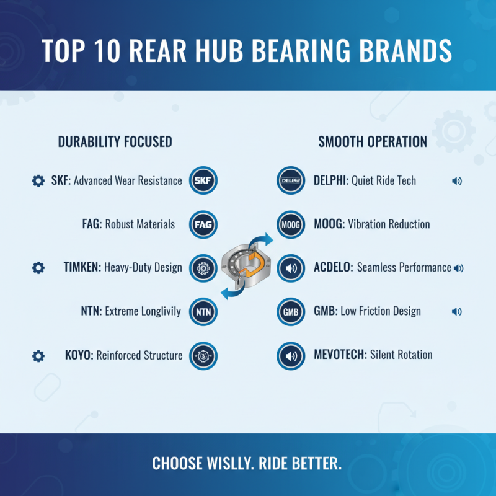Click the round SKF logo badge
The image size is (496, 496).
[x=203, y=181]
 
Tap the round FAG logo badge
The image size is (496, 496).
[x=203, y=224]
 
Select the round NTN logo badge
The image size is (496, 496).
[x=203, y=311]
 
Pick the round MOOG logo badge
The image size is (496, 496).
[x=290, y=224]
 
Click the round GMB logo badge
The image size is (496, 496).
[x=290, y=311]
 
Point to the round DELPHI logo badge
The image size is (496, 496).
[x=290, y=181]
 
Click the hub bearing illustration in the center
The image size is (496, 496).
[x=247, y=267]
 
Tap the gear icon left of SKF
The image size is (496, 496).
[x=38, y=181]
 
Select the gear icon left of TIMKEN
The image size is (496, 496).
[x=38, y=268]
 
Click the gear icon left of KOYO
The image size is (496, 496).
[x=38, y=356]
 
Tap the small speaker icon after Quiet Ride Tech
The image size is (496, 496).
[x=457, y=181]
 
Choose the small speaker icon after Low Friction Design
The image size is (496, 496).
[x=457, y=311]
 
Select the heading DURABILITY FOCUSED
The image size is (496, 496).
[x=115, y=142]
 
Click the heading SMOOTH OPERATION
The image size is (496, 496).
[x=373, y=142]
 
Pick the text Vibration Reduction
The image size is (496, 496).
[x=389, y=224]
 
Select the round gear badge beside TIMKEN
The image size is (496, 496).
[x=203, y=268]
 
